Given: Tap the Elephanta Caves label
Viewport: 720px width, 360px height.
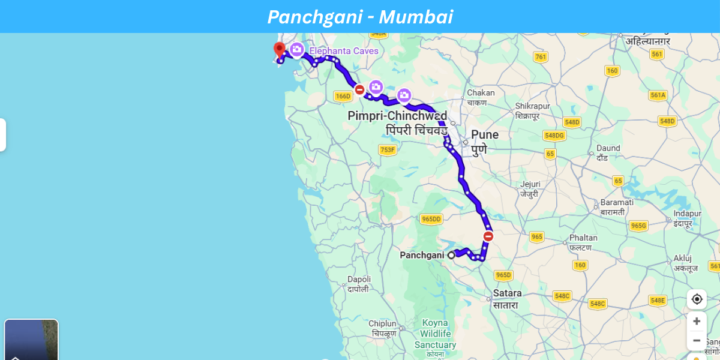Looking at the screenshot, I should click(x=344, y=51).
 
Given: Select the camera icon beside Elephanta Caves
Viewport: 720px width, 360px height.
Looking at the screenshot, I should click(x=296, y=49).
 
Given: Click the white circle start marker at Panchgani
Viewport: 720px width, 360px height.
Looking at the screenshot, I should click(x=451, y=255).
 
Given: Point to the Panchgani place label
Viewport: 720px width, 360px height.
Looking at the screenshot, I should click(x=422, y=255).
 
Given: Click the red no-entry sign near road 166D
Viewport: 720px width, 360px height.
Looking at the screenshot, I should click(x=359, y=90).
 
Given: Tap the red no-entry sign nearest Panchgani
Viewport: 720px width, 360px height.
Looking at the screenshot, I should click(x=488, y=236).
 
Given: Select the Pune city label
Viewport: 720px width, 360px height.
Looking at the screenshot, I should click(x=484, y=134).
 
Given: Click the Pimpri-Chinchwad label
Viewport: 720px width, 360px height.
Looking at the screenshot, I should click(x=397, y=116).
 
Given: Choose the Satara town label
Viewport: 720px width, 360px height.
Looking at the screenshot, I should click(x=507, y=293).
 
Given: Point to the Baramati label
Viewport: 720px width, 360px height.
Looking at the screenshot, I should click(x=617, y=203).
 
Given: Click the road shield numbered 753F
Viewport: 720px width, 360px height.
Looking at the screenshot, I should click(x=388, y=149).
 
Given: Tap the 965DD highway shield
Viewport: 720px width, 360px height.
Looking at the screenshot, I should click(x=431, y=219).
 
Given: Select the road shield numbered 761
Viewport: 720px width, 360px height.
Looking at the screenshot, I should click(x=541, y=57).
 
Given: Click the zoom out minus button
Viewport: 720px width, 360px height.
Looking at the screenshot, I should click(x=697, y=341).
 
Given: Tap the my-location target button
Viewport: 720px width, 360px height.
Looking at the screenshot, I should click(x=697, y=299).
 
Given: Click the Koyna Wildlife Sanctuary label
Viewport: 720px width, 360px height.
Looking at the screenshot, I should click(x=435, y=334).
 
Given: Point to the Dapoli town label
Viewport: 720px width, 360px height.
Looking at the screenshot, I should click(x=359, y=280).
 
